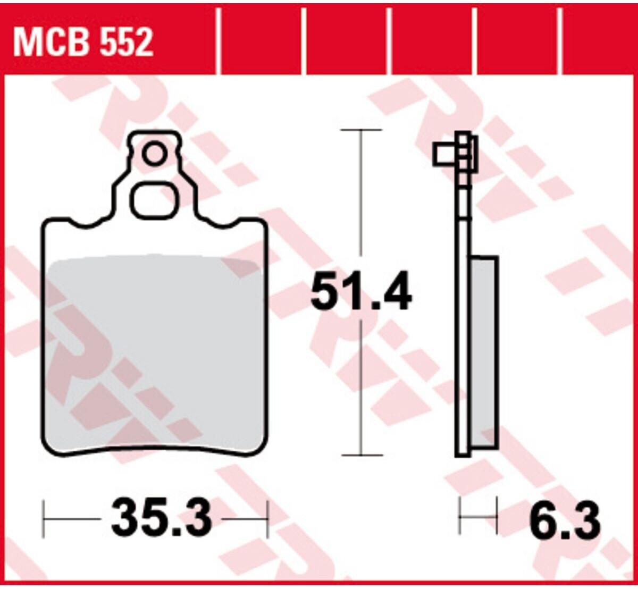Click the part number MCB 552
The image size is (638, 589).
pyautogui.click(x=83, y=42)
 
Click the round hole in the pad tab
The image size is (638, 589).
pyautogui.click(x=154, y=155)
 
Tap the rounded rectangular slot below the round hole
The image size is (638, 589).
pyautogui.click(x=155, y=200)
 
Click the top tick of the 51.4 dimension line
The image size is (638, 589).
pyautogui.click(x=362, y=130)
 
